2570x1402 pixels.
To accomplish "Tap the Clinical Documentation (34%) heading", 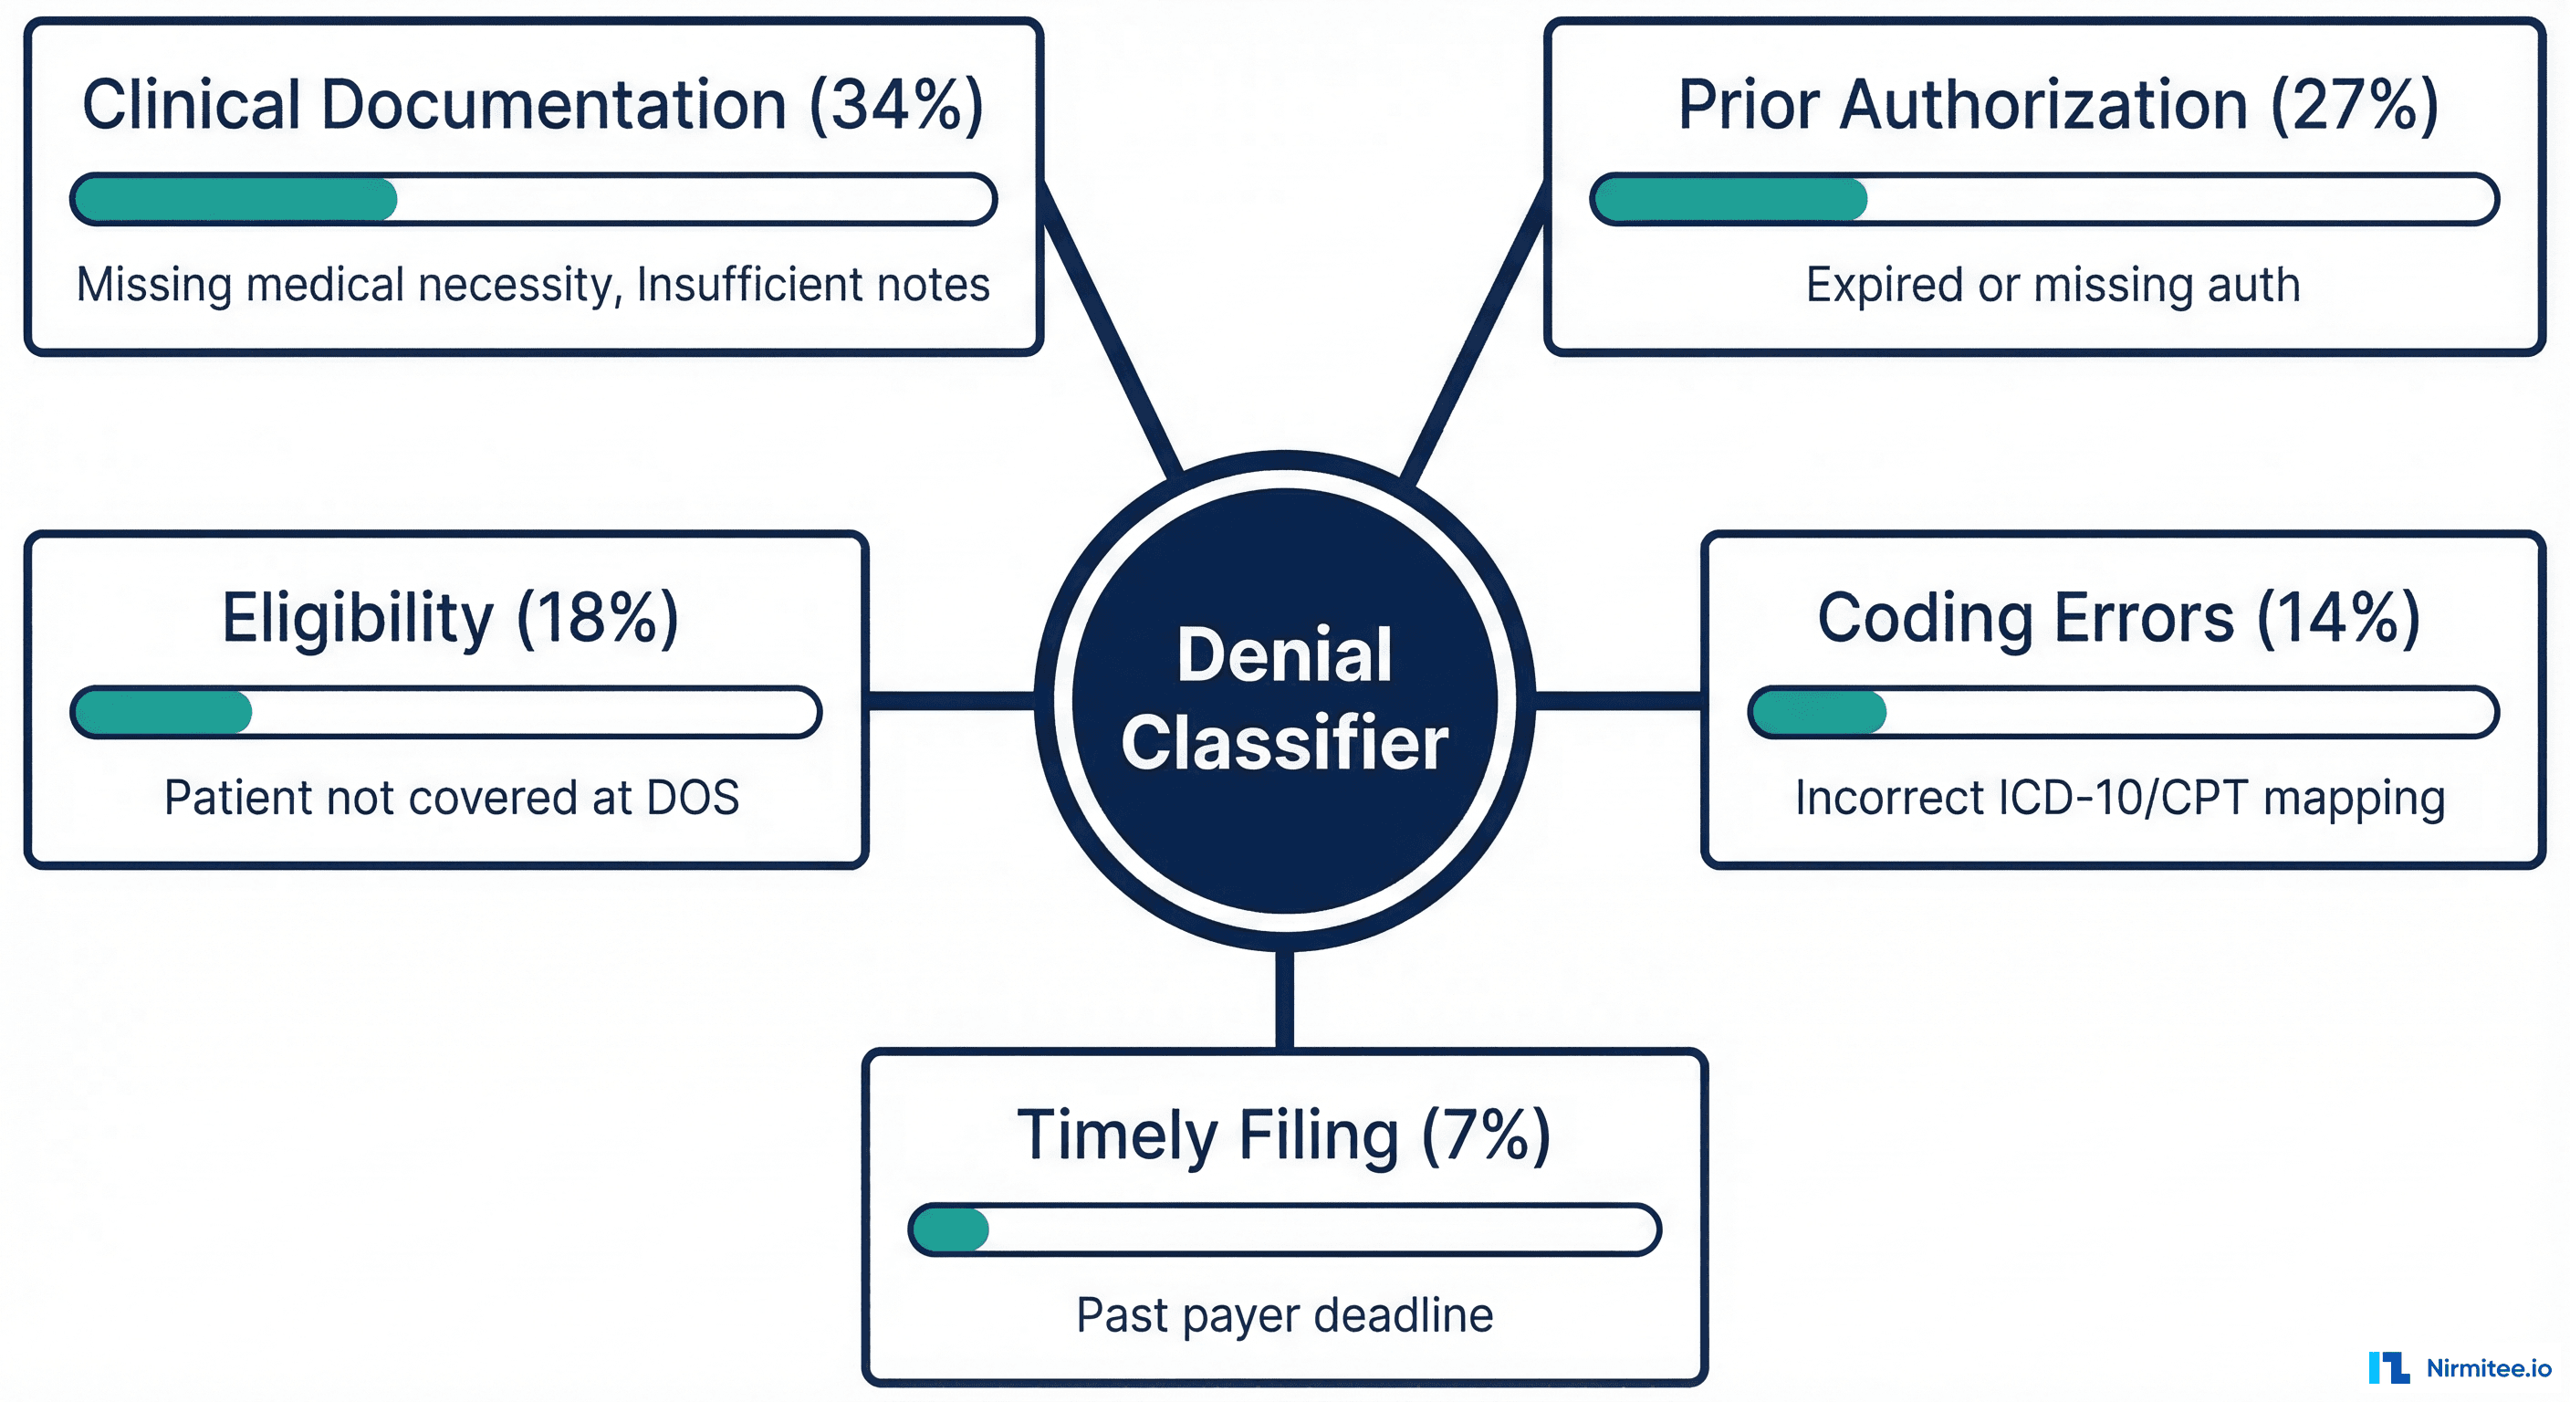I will (x=532, y=105).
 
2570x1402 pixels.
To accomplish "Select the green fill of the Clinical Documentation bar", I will (x=235, y=200).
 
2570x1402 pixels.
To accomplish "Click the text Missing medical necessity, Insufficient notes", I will (x=533, y=285).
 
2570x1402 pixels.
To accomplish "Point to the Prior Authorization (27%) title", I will (x=2057, y=105).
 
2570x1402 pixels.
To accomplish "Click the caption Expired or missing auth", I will (x=2053, y=285).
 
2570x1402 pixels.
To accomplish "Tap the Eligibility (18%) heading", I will (x=450, y=618).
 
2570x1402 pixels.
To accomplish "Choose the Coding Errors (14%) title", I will (x=2118, y=618).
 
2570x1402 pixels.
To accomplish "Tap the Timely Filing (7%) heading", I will (x=1284, y=1135).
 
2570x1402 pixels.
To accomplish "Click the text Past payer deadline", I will (x=1284, y=1315).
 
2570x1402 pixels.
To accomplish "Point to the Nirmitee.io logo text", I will (x=2488, y=1368).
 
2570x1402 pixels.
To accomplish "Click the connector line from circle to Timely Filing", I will (x=1285, y=998).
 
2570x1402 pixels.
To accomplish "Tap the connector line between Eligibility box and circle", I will (x=950, y=700).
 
